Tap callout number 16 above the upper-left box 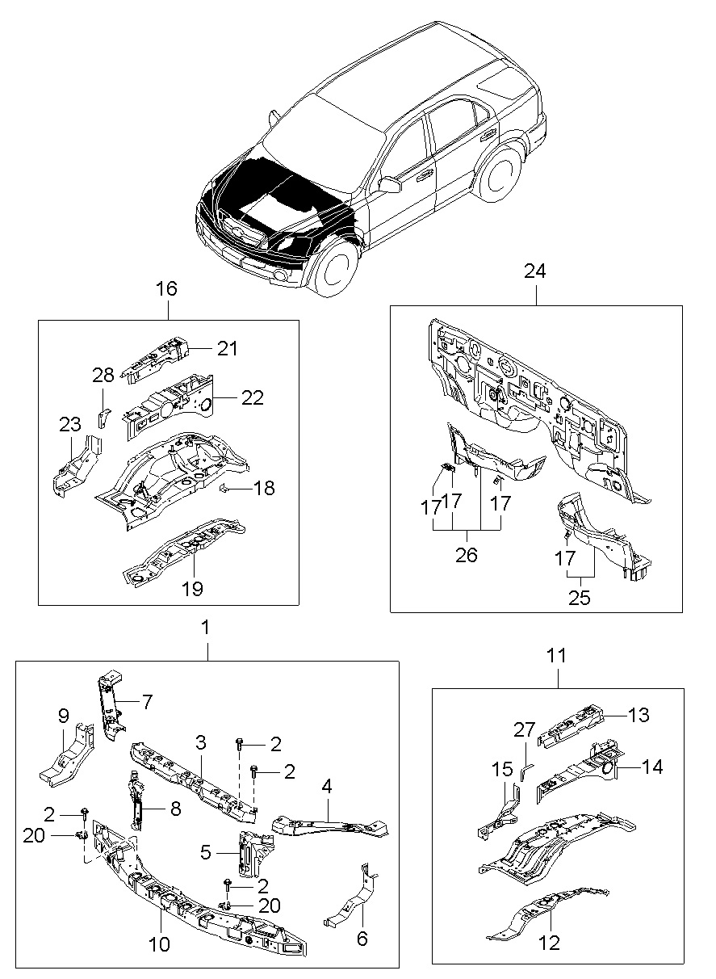(166, 288)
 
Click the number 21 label (228, 348)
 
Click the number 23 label (70, 425)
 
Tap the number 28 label (103, 375)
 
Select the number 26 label (467, 555)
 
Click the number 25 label (580, 598)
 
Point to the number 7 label (147, 702)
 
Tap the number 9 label (63, 715)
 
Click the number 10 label (160, 942)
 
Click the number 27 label (525, 729)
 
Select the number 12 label (549, 943)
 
